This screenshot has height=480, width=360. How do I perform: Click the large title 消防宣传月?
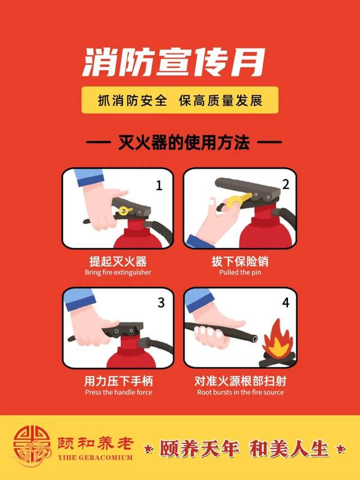tap(173, 62)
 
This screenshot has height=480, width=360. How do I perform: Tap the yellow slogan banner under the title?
tap(180, 100)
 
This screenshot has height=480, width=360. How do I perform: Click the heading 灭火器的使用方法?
tap(184, 142)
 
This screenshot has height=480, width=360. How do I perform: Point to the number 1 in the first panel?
tap(159, 186)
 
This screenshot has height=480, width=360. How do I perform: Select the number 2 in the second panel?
tap(285, 184)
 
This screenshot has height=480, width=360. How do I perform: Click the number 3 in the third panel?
tap(161, 303)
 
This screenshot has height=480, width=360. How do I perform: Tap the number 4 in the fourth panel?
tap(285, 303)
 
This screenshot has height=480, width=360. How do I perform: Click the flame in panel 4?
tap(277, 339)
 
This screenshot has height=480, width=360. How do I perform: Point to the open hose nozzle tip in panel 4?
tap(253, 338)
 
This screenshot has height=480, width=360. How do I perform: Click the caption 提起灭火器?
tap(118, 262)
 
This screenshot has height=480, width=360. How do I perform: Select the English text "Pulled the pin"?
tap(240, 272)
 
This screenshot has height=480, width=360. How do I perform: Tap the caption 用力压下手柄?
tap(119, 381)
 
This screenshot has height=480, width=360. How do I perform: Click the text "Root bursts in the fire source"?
tap(240, 392)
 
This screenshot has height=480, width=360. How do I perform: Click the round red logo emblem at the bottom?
tap(31, 447)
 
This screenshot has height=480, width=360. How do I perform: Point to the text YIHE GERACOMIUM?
tap(95, 457)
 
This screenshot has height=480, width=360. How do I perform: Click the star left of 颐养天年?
tap(148, 449)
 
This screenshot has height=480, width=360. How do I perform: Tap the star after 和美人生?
tap(340, 449)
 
